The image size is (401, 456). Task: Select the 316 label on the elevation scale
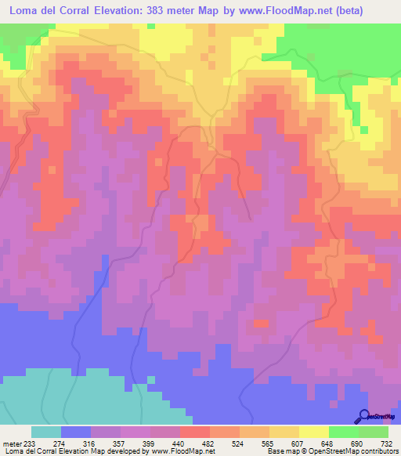point(92,443)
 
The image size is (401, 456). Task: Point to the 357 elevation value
point(122,443)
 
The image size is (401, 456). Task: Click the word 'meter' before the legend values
point(12,443)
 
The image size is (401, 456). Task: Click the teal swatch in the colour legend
point(46,432)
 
